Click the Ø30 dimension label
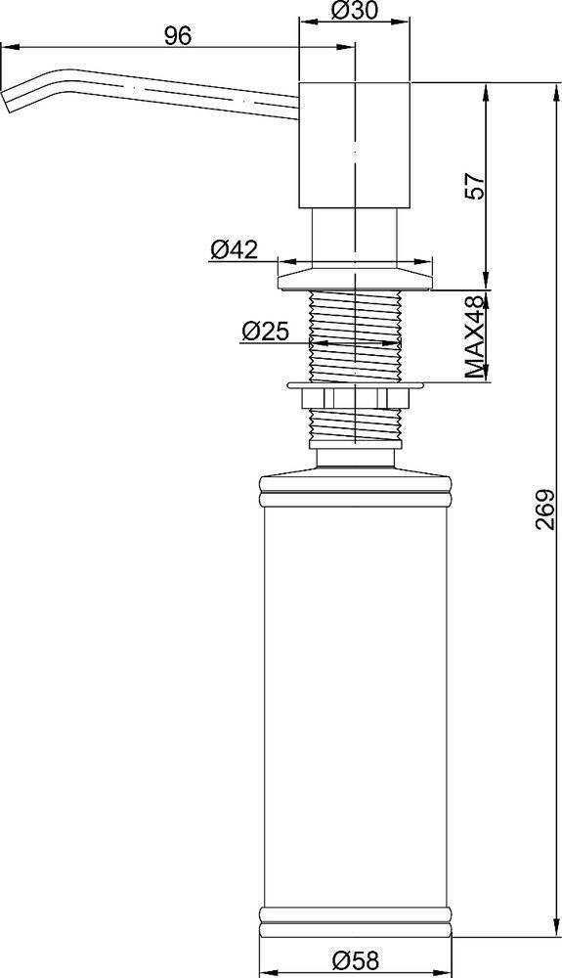pos(355,11)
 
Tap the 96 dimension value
pos(178,36)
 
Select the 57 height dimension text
pos(475,185)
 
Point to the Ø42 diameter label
pos(234,249)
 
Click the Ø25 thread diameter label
pos(265,332)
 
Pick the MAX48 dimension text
pos(475,336)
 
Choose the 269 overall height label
pos(545,509)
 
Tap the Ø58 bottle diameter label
pos(355,960)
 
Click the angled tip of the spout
pos(7,101)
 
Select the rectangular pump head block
pos(355,145)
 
